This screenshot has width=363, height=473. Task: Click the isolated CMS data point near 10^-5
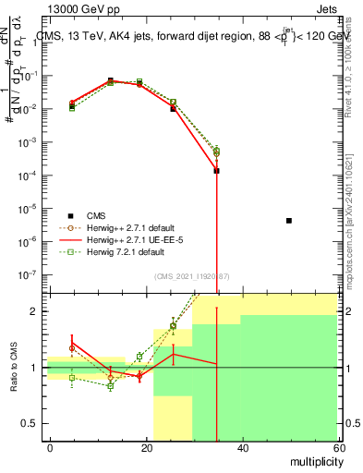coord(289,221)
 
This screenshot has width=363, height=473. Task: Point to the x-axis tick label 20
coord(146,447)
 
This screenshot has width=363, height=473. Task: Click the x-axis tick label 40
coord(242,447)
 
